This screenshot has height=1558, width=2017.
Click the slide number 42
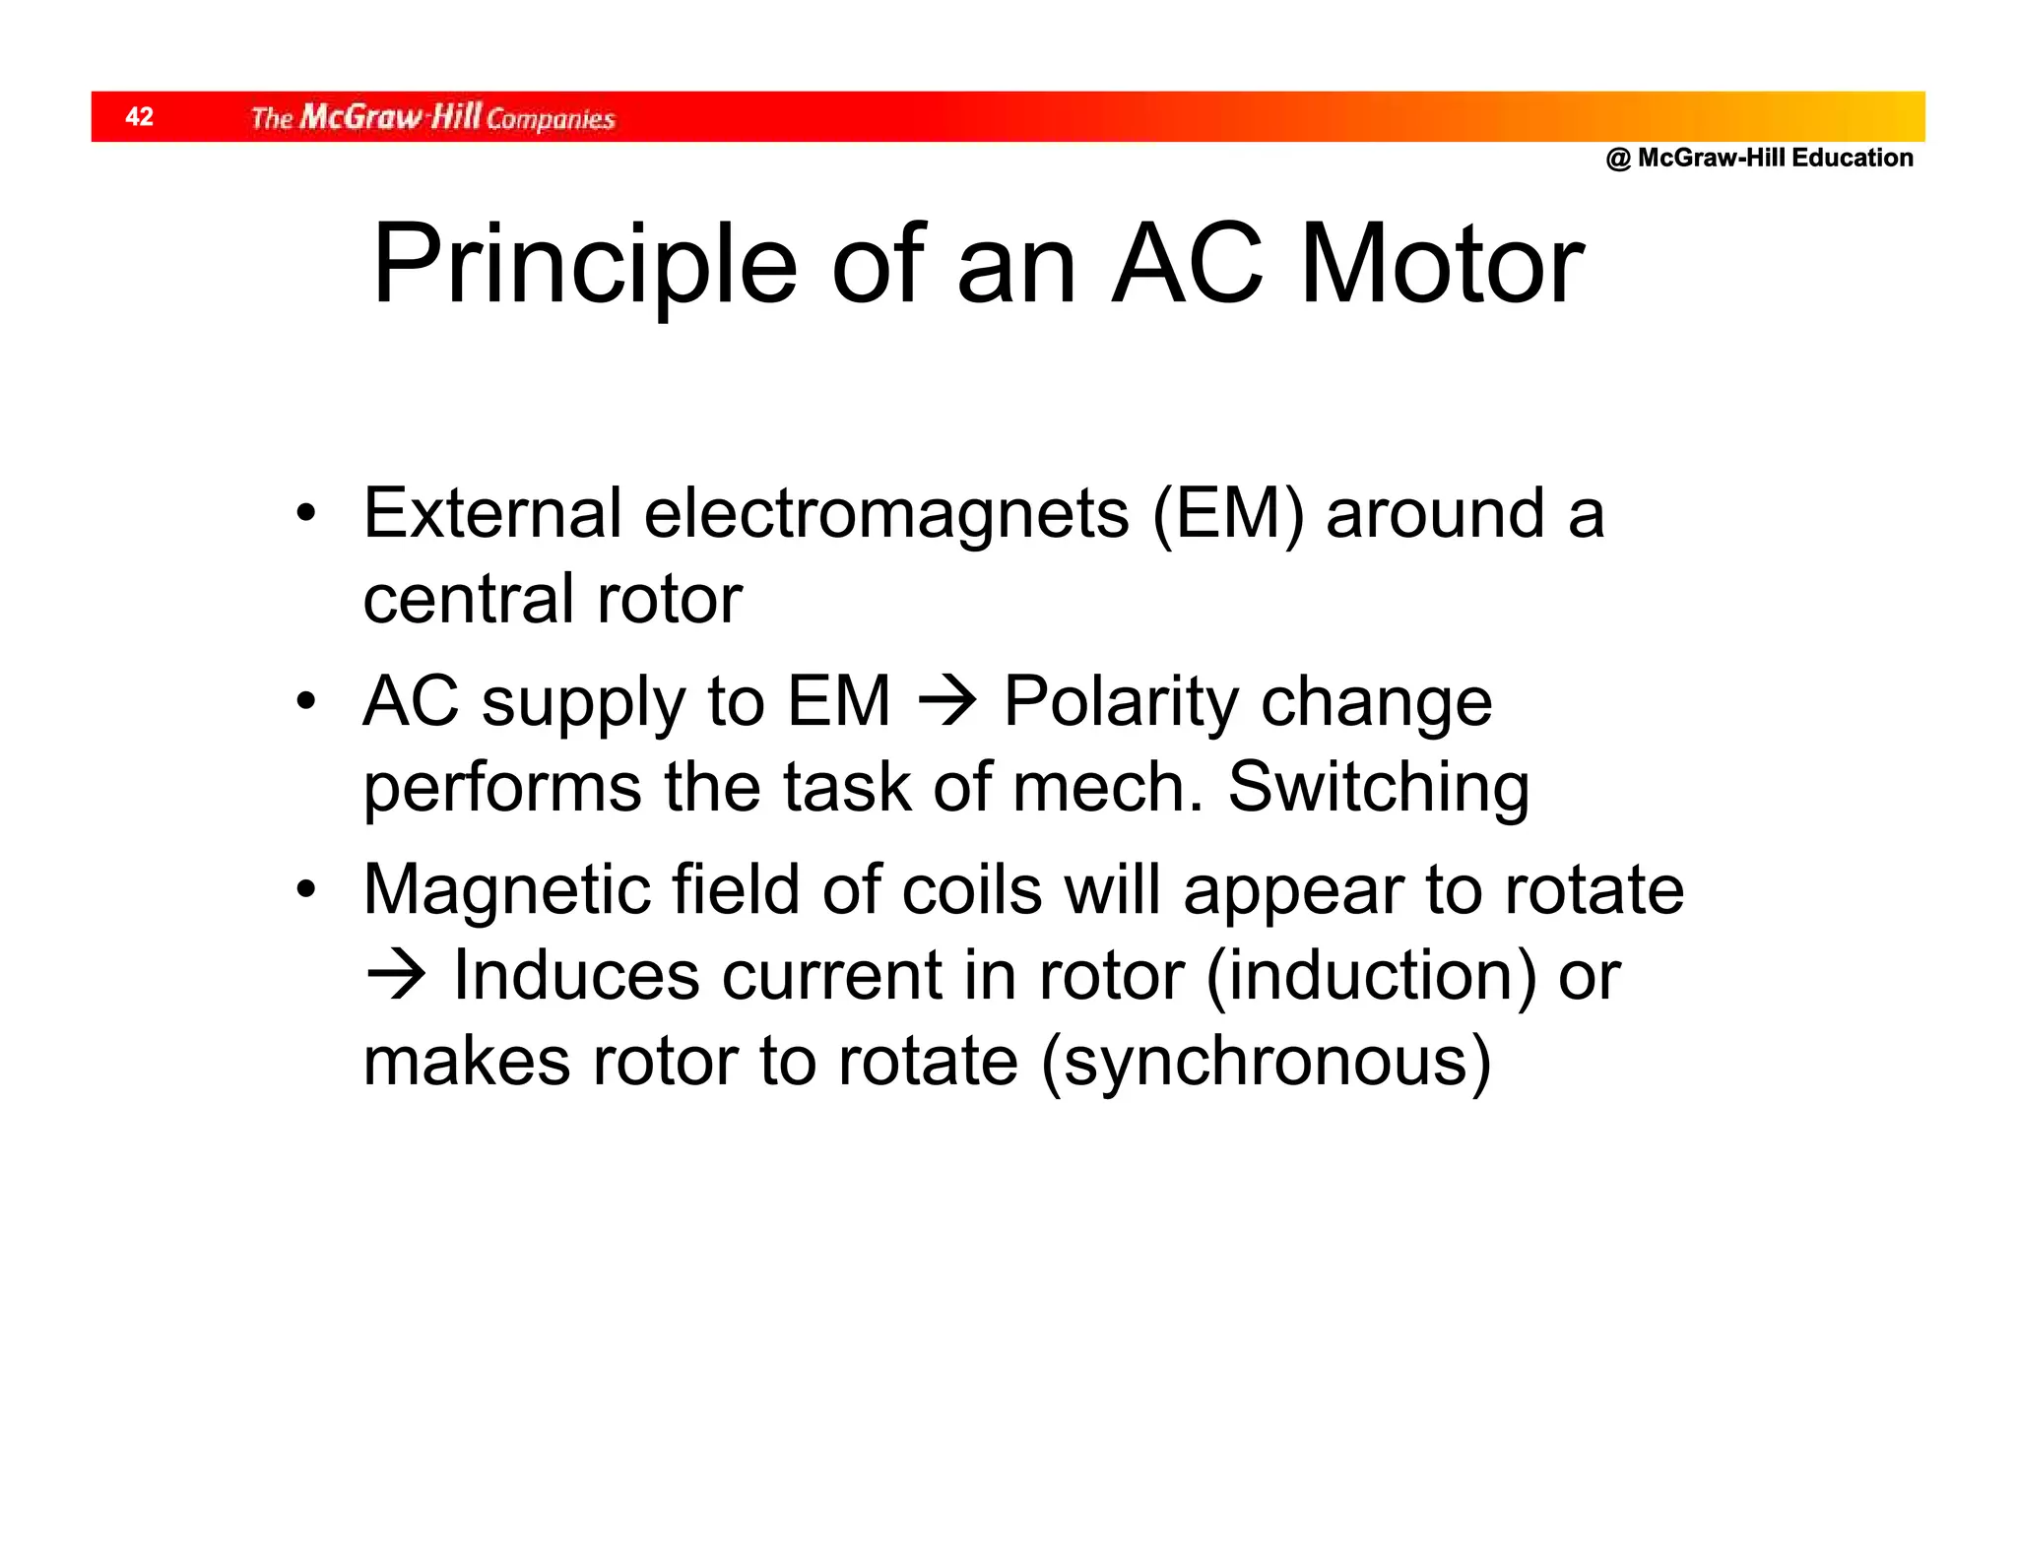139,116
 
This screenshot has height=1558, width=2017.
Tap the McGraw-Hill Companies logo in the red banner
432,117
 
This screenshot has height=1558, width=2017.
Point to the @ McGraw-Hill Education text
1759,158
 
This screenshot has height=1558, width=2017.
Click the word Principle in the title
584,265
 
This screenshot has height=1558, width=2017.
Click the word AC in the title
1187,265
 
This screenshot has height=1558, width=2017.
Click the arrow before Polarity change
946,702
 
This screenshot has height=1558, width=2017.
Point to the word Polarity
1121,702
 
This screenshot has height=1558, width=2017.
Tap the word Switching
1378,788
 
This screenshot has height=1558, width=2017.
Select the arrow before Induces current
396,975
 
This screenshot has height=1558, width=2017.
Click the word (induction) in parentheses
1370,976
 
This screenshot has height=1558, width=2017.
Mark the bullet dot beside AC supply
307,701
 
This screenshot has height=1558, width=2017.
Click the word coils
971,889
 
